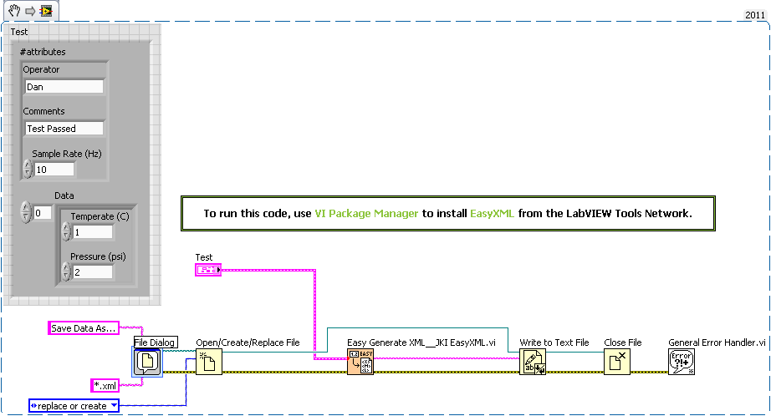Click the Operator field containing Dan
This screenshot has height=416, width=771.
coord(64,87)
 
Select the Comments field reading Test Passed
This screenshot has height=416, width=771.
coord(64,129)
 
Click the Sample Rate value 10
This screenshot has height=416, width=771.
coord(54,170)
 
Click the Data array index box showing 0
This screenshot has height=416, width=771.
coord(42,213)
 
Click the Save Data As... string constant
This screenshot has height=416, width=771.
coord(82,328)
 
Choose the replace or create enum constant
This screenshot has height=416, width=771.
coord(74,406)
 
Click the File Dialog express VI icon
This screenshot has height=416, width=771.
coord(147,362)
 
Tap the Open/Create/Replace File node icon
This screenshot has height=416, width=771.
coord(209,362)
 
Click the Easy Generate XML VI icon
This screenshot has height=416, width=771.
coord(360,362)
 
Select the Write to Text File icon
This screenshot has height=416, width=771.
coord(533,362)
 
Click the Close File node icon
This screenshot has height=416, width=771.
coord(617,362)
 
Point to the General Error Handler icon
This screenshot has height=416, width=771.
coord(682,362)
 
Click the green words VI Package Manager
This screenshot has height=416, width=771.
coord(366,214)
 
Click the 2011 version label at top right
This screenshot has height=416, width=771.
coord(755,15)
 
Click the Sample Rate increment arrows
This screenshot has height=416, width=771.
coord(28,170)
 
